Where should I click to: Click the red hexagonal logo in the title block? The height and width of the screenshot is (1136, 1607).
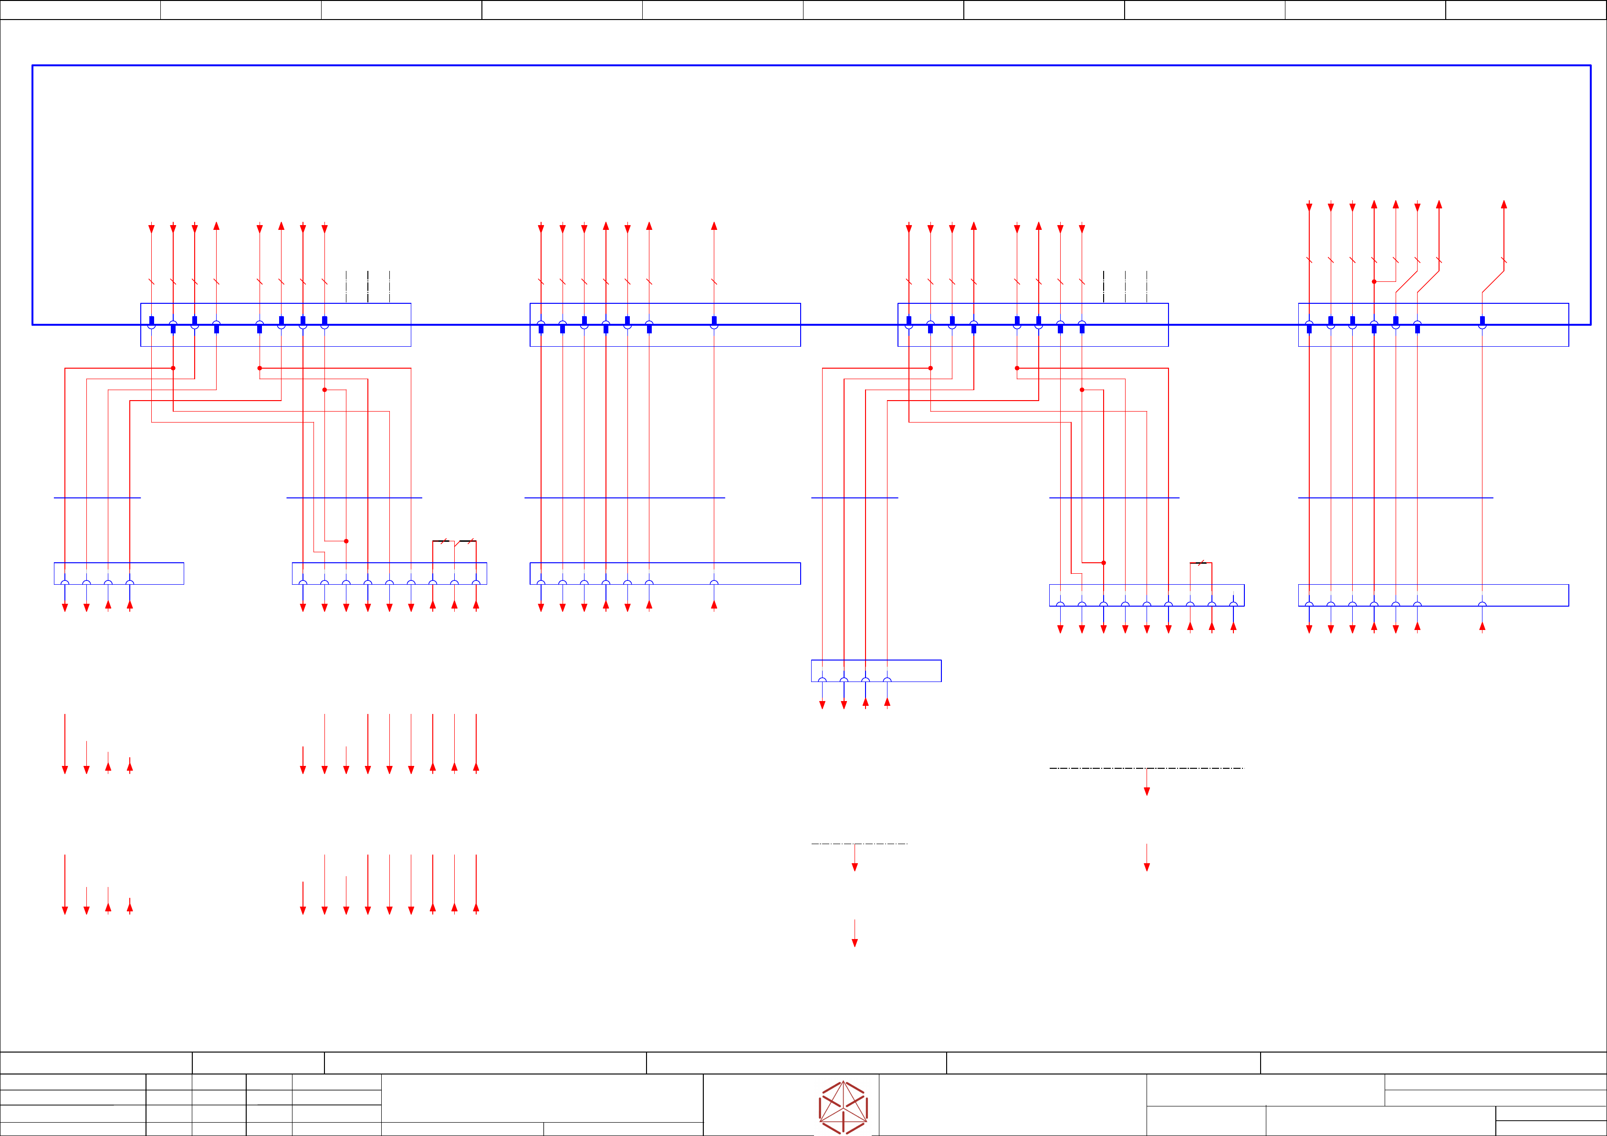pyautogui.click(x=844, y=1107)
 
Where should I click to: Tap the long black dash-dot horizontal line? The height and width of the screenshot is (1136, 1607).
pyautogui.click(x=1147, y=768)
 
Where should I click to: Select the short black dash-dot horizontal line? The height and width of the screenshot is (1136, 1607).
pyautogui.click(x=859, y=844)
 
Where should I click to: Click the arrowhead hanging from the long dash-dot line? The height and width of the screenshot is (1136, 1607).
pyautogui.click(x=1147, y=791)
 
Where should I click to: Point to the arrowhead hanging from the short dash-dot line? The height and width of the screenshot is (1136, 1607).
pyautogui.click(x=855, y=867)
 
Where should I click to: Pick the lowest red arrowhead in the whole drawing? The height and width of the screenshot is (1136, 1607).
pyautogui.click(x=855, y=943)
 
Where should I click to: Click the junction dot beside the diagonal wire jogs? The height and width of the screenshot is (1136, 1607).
pyautogui.click(x=1374, y=282)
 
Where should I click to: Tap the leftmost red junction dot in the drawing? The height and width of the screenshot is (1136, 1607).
pyautogui.click(x=173, y=368)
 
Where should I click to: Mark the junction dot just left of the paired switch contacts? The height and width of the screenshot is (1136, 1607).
pyautogui.click(x=346, y=541)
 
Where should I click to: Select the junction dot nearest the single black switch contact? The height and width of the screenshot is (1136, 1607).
pyautogui.click(x=1104, y=562)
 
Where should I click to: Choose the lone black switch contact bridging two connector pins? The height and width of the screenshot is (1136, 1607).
pyautogui.click(x=1201, y=562)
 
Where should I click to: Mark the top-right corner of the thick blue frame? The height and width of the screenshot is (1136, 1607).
pyautogui.click(x=1590, y=66)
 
